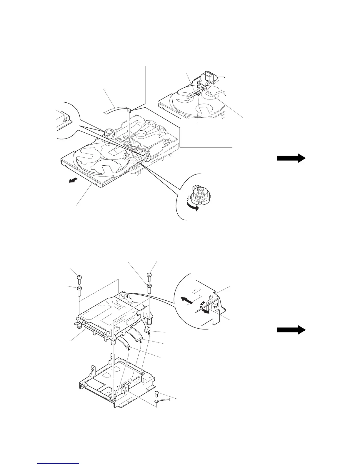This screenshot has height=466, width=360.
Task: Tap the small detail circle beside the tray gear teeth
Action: (146, 157)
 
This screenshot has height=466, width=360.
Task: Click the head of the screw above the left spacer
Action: (79, 277)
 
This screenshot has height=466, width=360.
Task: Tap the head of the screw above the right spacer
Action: (149, 274)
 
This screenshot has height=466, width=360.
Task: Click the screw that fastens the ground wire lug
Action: (158, 393)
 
